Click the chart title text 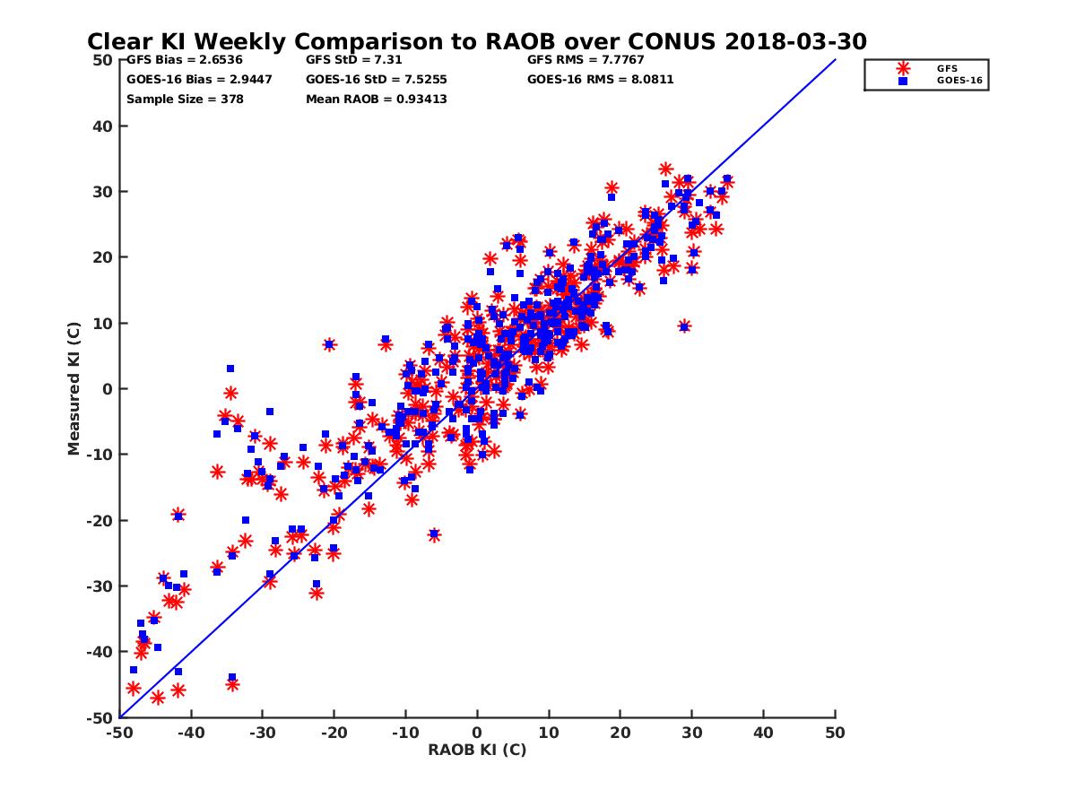[x=476, y=42]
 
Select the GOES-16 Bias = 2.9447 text [x=199, y=79]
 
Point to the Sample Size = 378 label [x=185, y=99]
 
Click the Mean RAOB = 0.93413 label [x=376, y=99]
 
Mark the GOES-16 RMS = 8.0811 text [x=600, y=79]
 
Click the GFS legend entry [x=947, y=68]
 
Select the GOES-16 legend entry [x=952, y=81]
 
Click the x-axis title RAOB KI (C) [x=477, y=750]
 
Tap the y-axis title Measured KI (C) [x=74, y=389]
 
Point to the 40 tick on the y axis [x=103, y=126]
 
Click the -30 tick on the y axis [x=100, y=586]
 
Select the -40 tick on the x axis [x=190, y=733]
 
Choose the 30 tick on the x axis [x=692, y=733]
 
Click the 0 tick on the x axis [x=477, y=733]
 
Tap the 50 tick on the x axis [x=836, y=733]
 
